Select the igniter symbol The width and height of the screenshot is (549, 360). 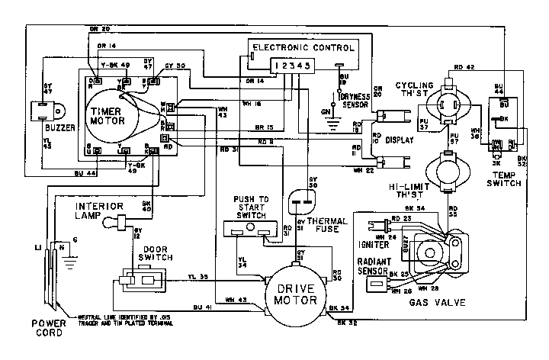click(374, 227)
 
